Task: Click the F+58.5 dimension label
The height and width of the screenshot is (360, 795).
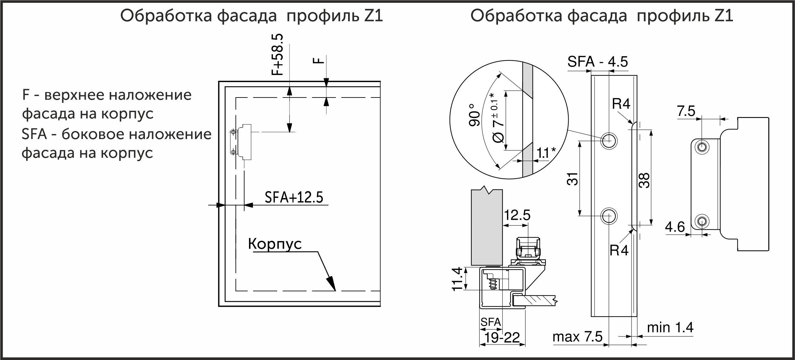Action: [x=277, y=54]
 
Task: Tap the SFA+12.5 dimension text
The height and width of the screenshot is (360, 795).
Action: [x=294, y=197]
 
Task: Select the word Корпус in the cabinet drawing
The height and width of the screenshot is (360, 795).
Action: [x=275, y=244]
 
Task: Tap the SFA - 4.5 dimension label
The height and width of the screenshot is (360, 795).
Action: [x=597, y=62]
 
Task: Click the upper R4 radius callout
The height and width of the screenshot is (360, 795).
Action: [x=621, y=104]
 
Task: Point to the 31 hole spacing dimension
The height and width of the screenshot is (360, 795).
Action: [x=573, y=179]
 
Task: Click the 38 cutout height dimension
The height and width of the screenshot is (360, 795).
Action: [x=644, y=181]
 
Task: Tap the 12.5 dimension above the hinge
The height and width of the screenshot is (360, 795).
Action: [x=517, y=215]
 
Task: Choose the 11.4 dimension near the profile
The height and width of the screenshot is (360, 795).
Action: [x=457, y=279]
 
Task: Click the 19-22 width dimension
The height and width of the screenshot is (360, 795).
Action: [x=502, y=337]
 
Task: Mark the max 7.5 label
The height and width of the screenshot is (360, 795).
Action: [x=578, y=337]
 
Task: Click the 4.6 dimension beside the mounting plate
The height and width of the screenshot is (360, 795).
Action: [x=675, y=227]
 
